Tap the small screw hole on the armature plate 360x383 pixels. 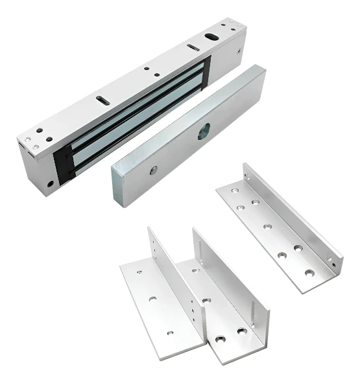154,170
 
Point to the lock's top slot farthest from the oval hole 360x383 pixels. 102,99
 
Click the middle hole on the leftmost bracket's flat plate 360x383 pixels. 152,299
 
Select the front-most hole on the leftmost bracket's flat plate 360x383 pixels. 171,332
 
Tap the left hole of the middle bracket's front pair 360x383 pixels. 221,339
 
